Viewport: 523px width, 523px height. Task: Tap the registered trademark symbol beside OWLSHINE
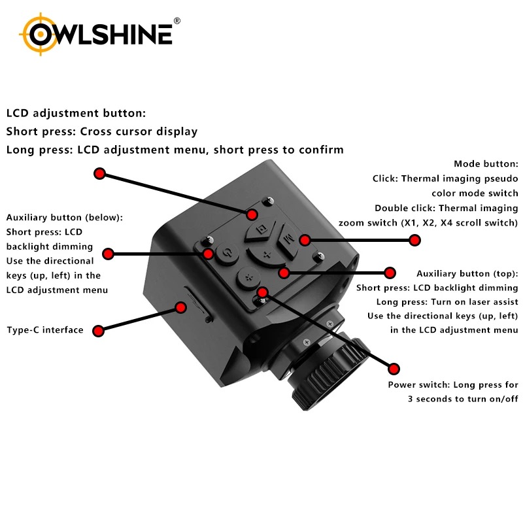pyautogui.click(x=177, y=22)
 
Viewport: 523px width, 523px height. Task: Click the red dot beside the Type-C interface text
pyautogui.click(x=98, y=331)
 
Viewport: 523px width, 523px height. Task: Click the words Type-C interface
pyautogui.click(x=44, y=330)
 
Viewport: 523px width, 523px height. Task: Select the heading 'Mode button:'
pyautogui.click(x=486, y=164)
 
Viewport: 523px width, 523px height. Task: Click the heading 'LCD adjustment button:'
pyautogui.click(x=76, y=113)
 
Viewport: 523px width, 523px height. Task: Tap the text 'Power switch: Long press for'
pyautogui.click(x=452, y=385)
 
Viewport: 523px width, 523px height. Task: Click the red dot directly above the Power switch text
pyautogui.click(x=394, y=367)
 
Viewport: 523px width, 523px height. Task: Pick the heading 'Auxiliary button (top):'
pyautogui.click(x=467, y=274)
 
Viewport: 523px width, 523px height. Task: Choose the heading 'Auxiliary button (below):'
pyautogui.click(x=64, y=217)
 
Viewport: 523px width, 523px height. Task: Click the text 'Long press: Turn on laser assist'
pyautogui.click(x=447, y=302)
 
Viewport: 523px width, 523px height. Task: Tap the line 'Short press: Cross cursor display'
pyautogui.click(x=101, y=131)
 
